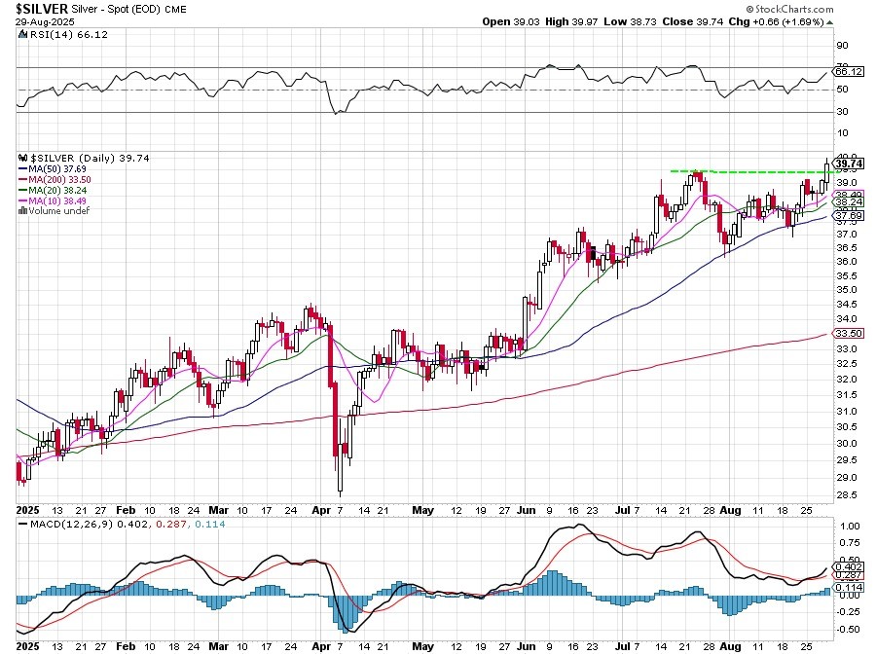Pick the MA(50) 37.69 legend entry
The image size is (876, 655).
click(x=57, y=167)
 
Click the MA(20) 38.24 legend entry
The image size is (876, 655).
click(x=57, y=189)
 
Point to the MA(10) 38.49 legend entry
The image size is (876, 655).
click(x=57, y=200)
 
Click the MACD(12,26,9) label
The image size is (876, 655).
click(x=66, y=525)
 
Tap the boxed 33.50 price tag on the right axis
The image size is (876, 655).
click(x=849, y=333)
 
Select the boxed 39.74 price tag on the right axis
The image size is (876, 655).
click(x=849, y=163)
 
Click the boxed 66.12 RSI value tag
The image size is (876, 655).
click(x=849, y=71)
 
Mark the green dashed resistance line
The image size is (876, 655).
click(x=740, y=172)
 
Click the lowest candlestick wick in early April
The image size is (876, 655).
click(x=340, y=491)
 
